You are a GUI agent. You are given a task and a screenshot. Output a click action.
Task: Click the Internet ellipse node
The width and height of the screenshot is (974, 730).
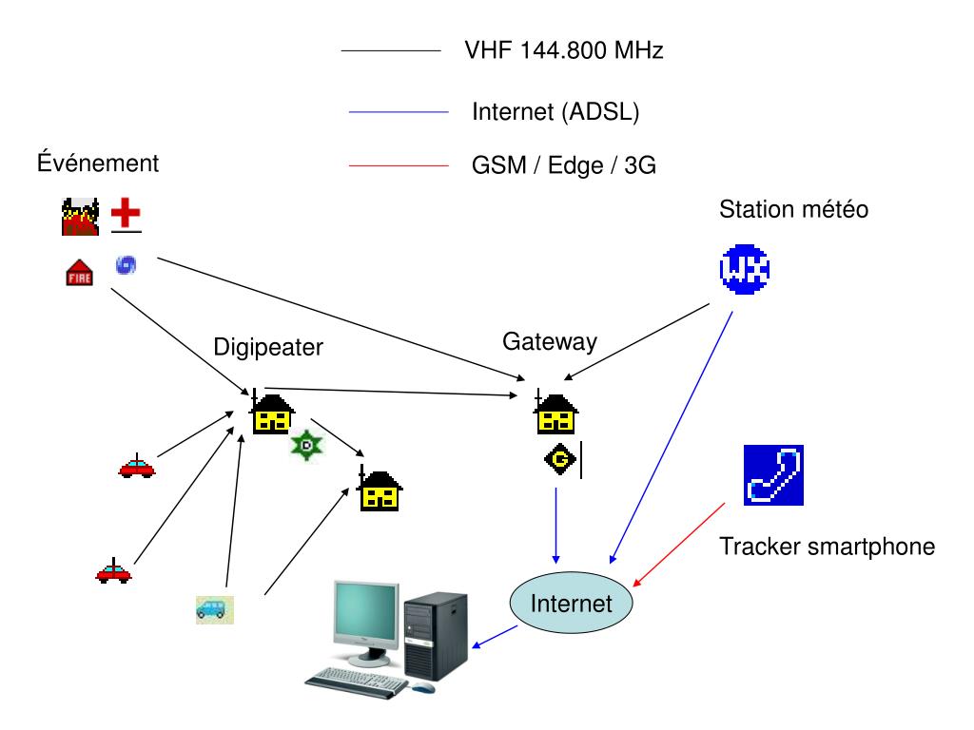572,603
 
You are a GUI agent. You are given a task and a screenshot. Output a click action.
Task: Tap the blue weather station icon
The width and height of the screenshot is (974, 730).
743,268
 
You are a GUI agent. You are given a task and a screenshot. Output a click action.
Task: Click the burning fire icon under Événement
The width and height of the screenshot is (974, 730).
75,217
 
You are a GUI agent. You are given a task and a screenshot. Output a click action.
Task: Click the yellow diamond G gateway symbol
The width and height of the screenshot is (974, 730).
560,461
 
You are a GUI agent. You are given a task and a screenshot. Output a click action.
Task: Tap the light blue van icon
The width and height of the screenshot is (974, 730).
214,608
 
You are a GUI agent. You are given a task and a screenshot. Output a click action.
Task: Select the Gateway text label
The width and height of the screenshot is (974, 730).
550,341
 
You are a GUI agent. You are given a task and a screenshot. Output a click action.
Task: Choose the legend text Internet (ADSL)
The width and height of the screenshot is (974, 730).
555,111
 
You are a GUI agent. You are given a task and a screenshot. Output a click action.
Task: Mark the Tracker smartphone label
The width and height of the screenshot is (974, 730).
827,547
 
